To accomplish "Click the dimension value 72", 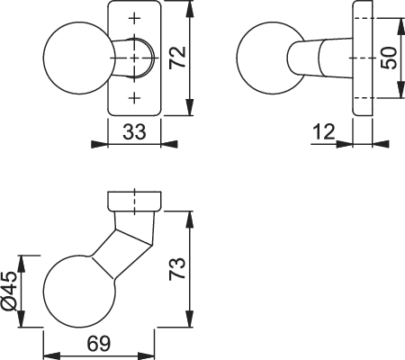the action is click(x=177, y=58).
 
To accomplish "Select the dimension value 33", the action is click(x=134, y=131).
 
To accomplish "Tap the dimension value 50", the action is click(x=388, y=58).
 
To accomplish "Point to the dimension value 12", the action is click(x=324, y=131).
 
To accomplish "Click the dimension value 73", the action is click(x=177, y=269).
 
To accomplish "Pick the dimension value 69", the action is click(x=99, y=344).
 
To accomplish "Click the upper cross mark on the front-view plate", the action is click(x=135, y=18).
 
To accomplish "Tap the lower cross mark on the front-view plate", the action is click(x=135, y=97).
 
